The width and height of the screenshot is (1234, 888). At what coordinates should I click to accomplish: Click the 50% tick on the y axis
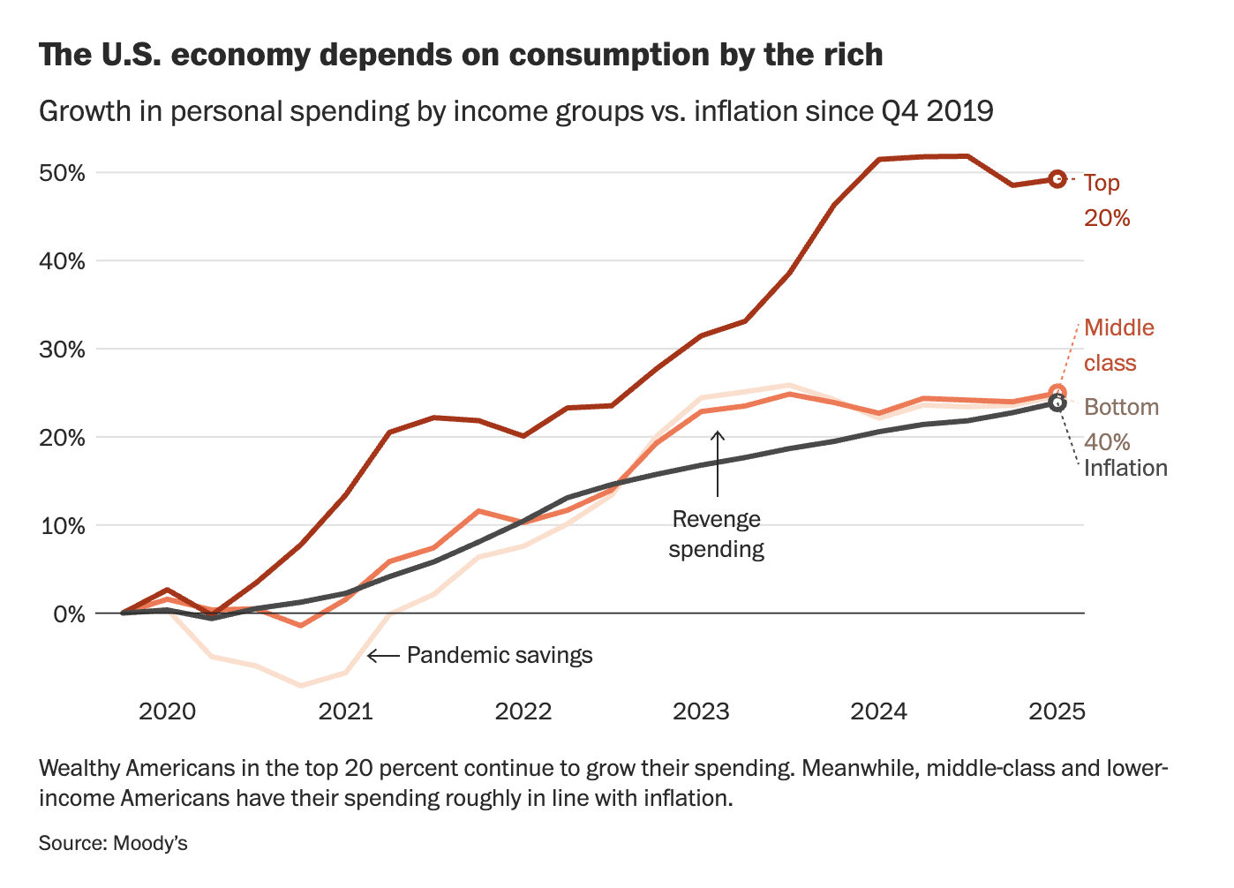pos(62,173)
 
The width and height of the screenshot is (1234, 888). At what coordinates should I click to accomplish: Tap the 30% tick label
pos(62,350)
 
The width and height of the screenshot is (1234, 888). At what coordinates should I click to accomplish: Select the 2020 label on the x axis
pos(168,711)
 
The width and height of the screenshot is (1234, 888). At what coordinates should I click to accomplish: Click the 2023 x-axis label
pos(701,711)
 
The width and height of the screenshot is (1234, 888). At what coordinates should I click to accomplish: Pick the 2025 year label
pos(1057,711)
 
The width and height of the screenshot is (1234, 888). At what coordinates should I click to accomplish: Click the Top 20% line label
pos(1106,200)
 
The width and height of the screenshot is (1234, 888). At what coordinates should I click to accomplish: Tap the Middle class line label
pos(1118,345)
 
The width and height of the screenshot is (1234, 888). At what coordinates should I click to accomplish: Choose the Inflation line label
pos(1125,468)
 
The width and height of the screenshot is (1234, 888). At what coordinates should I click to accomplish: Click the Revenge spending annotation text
pos(716,534)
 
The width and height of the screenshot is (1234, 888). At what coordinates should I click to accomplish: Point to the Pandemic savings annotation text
pos(500,656)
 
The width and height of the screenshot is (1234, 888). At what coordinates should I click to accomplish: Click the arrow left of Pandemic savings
pos(383,656)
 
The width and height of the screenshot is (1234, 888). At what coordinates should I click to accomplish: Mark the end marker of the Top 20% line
pos(1057,179)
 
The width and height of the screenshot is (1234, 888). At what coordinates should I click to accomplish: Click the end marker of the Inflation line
pos(1057,403)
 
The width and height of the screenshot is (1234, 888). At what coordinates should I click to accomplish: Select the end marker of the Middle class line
pos(1057,393)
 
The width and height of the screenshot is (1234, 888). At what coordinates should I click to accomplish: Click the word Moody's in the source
pos(150,844)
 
